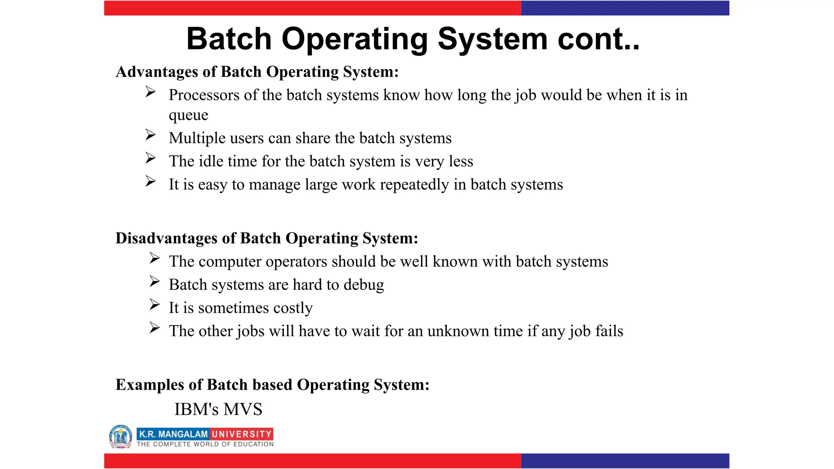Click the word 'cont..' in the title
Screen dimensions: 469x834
pos(598,39)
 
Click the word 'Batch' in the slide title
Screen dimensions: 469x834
pos(229,39)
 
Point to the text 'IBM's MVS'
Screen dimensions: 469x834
pos(218,409)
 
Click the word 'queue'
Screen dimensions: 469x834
pos(189,116)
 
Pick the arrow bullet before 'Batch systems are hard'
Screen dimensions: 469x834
pos(154,281)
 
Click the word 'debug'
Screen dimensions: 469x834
pos(364,285)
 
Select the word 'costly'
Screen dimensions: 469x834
pos(293,308)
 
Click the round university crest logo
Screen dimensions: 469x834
pos(121,437)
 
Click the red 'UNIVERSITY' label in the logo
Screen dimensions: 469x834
pos(241,434)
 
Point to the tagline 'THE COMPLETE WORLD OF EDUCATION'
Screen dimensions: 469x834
pos(205,444)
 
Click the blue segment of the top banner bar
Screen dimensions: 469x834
pos(625,8)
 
